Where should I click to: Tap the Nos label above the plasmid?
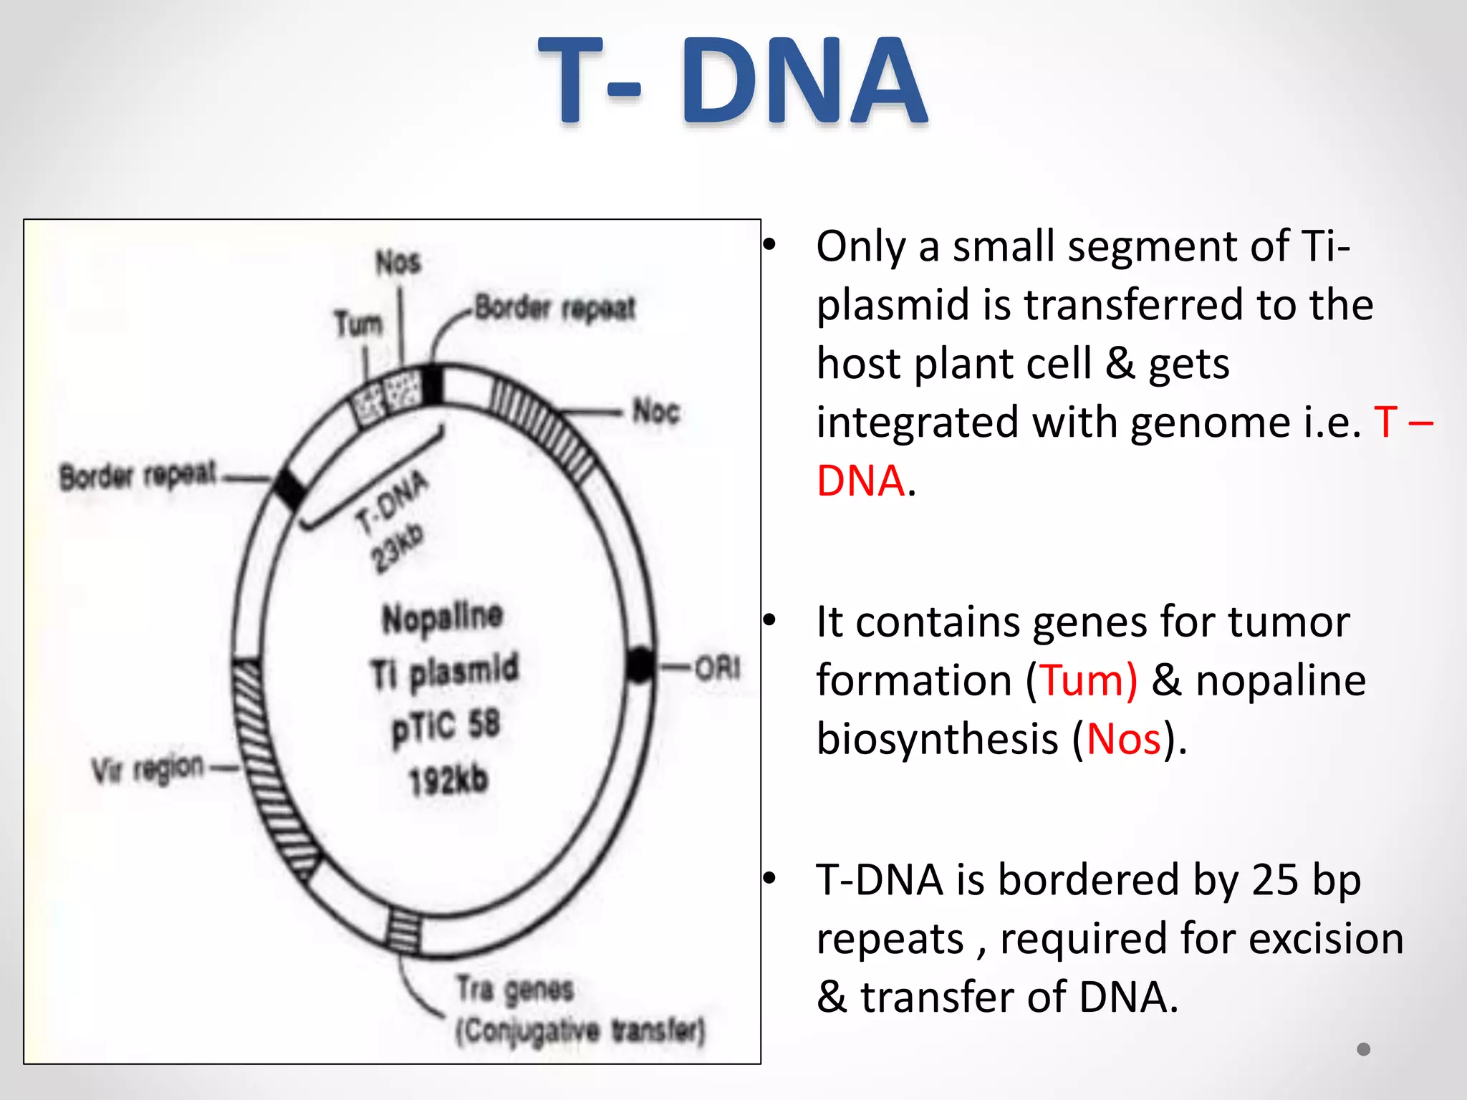[x=398, y=263]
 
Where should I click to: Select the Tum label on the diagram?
[x=358, y=324]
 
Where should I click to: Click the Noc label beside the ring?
[x=656, y=412]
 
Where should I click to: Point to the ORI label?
[x=717, y=668]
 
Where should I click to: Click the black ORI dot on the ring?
[x=640, y=665]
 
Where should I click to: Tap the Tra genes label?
[x=516, y=990]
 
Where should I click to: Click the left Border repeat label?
[x=138, y=476]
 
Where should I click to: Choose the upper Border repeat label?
[x=555, y=308]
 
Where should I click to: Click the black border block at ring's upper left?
[x=290, y=488]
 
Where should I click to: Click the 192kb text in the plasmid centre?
[x=448, y=780]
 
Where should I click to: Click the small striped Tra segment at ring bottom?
[x=404, y=931]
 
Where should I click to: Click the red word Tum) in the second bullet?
[x=1088, y=680]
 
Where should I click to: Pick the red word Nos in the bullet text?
[x=1123, y=739]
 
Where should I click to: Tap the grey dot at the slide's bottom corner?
[x=1363, y=1049]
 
